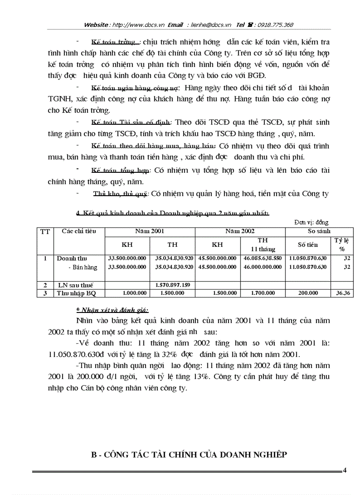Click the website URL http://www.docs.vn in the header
coord(139,25)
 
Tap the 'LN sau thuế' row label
coord(75,285)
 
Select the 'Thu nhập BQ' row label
coord(75,293)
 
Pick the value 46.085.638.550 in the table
coord(262,258)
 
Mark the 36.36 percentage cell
coord(345,293)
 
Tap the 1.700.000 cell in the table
coord(262,293)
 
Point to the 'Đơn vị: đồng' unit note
coord(311,223)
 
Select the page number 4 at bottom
coord(345,470)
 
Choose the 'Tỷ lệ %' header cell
coord(342,244)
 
